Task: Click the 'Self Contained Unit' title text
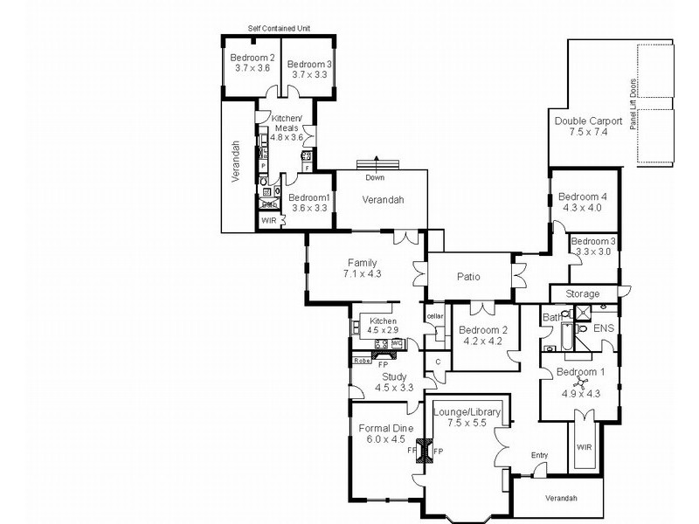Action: [x=279, y=29]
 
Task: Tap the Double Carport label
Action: [x=588, y=121]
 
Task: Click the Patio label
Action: [x=468, y=277]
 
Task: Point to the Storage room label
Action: [x=583, y=293]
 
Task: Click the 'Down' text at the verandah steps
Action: [x=375, y=177]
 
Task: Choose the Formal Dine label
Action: [x=385, y=428]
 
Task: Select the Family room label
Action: [x=363, y=262]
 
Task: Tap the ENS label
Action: [x=605, y=329]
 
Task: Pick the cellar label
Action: [x=435, y=315]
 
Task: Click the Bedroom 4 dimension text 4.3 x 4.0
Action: [x=583, y=208]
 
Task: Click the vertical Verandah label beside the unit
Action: [x=235, y=161]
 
